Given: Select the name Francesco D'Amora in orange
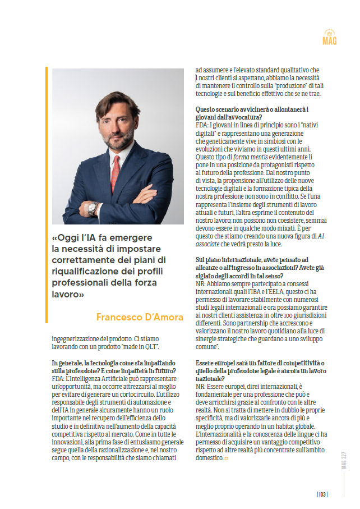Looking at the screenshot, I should click(x=140, y=317).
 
